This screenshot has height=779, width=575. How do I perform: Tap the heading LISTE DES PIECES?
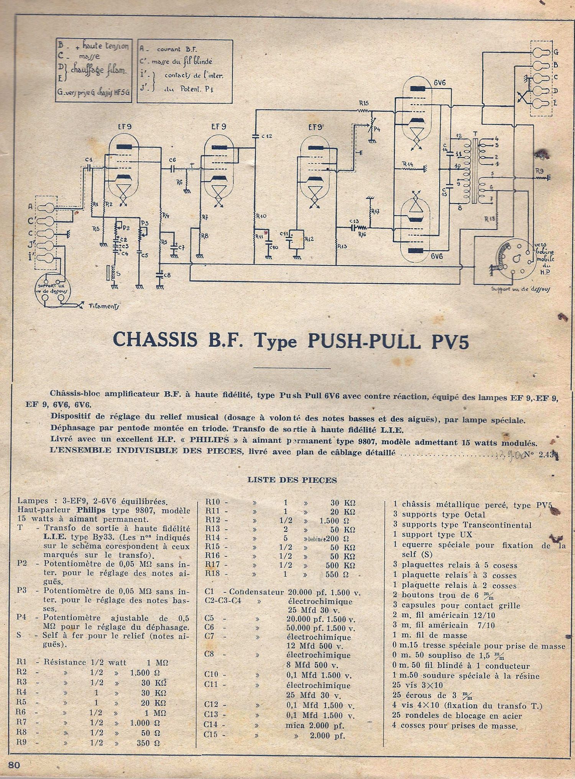[x=292, y=480]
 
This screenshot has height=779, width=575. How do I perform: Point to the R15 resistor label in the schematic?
[x=364, y=103]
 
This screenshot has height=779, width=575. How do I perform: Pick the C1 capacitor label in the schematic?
[x=89, y=159]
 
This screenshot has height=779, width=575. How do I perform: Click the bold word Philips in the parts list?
[x=92, y=511]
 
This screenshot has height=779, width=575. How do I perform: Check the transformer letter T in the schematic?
[x=475, y=134]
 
